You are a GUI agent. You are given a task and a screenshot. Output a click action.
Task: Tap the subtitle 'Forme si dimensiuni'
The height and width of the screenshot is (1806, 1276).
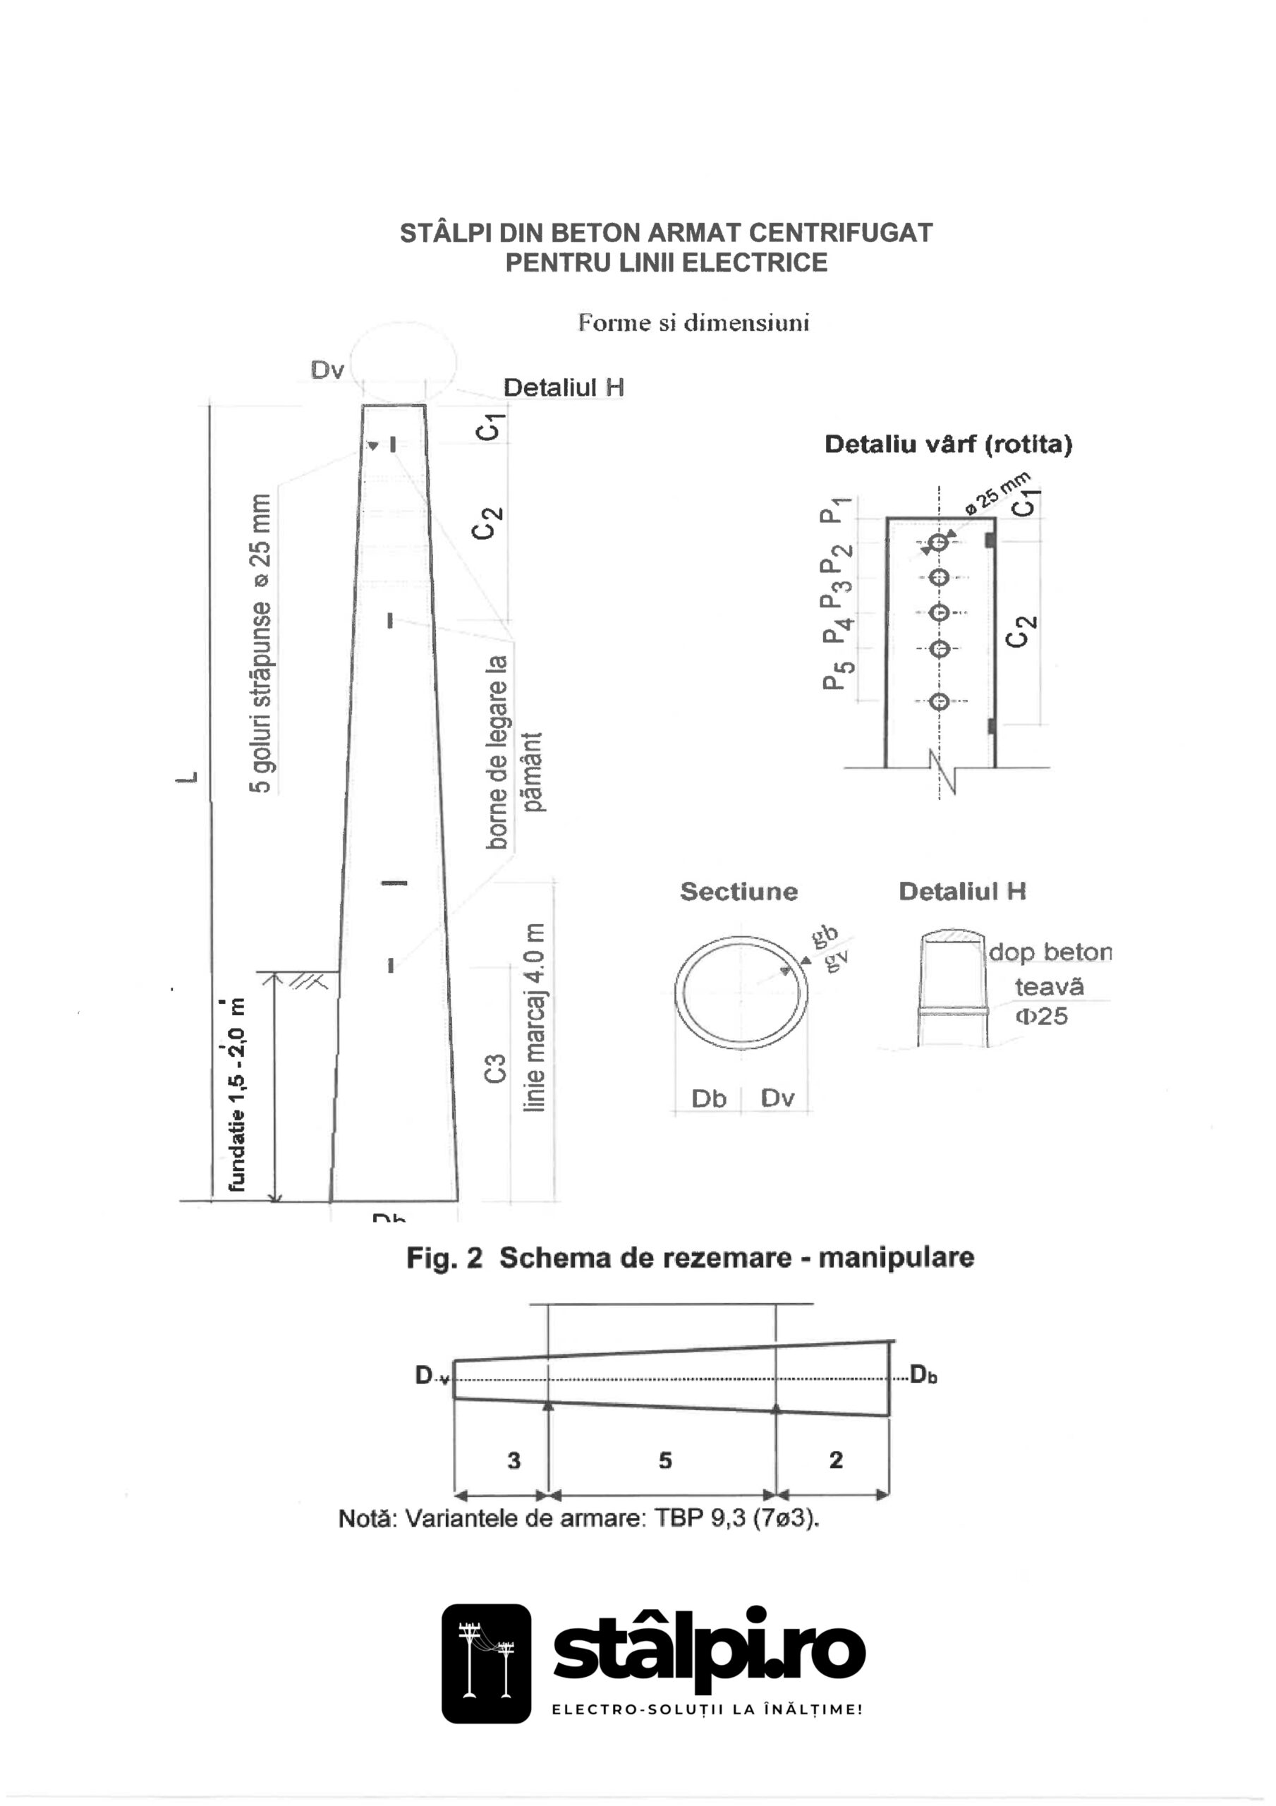click(x=693, y=323)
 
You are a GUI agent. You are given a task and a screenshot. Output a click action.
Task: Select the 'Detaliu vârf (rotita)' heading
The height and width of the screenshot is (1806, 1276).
click(x=948, y=444)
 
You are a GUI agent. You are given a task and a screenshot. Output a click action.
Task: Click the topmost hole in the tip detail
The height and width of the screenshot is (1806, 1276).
click(x=937, y=543)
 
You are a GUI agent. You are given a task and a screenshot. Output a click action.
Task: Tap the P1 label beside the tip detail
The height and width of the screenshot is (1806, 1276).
click(x=832, y=510)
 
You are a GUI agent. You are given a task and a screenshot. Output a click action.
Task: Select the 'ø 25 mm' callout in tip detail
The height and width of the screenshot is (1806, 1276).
click(x=997, y=493)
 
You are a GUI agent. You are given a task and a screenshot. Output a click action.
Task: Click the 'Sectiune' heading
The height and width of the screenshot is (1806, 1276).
click(x=739, y=891)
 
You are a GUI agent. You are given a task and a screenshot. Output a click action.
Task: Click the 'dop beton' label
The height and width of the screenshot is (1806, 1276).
click(x=1050, y=952)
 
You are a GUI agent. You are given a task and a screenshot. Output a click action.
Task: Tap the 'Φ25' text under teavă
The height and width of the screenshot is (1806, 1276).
click(x=1042, y=1017)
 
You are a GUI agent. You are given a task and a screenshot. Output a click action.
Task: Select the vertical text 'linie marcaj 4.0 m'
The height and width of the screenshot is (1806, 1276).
click(x=534, y=1017)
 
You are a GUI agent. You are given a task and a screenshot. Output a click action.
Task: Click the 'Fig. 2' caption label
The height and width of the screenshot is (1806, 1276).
click(x=444, y=1258)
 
